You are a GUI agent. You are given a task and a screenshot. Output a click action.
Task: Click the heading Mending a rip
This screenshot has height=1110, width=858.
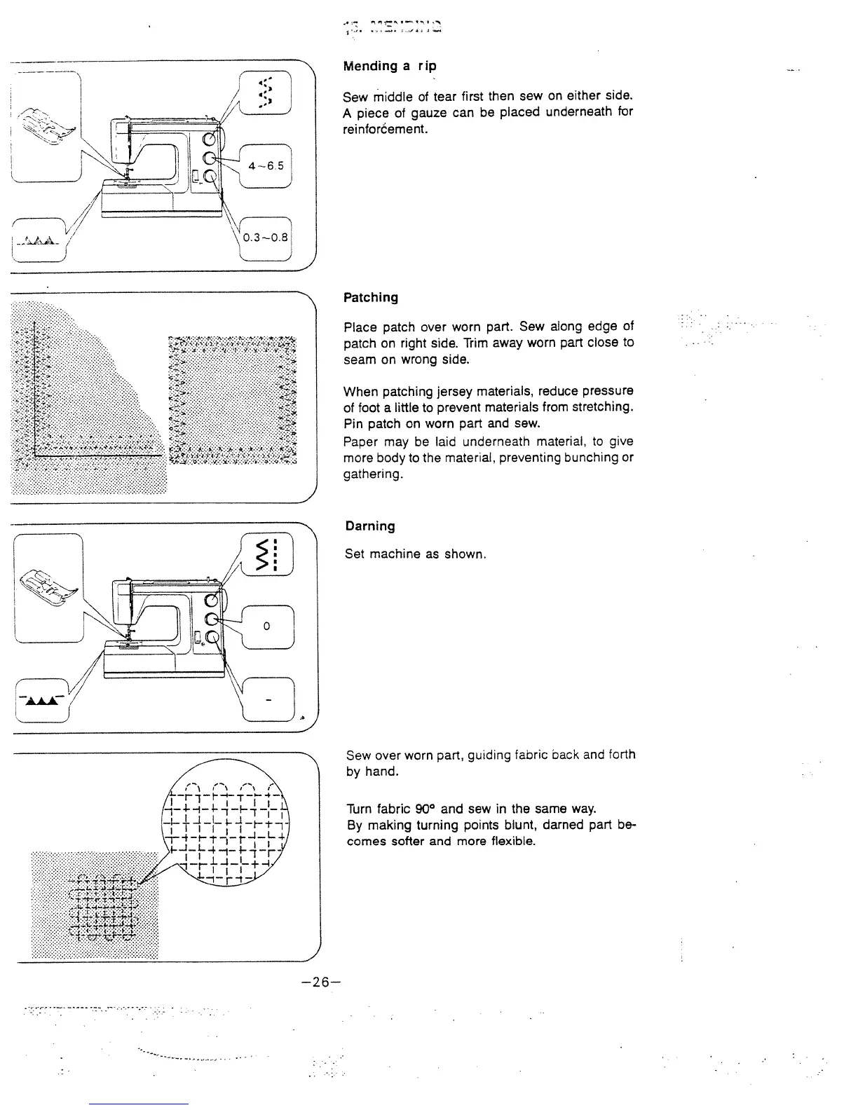pos(389,66)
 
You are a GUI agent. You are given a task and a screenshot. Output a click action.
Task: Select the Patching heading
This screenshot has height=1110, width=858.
pos(371,297)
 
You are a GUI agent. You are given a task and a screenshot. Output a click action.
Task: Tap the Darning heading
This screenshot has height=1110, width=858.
pos(370,526)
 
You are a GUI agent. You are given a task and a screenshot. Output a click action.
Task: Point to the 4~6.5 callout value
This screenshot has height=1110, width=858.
pos(266,166)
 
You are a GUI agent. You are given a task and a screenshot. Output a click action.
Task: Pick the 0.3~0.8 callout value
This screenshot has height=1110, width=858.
pos(265,237)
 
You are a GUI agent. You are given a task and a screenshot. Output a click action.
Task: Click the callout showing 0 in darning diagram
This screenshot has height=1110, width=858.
pos(267,626)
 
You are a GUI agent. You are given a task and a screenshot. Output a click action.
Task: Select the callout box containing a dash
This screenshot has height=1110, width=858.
pos(268,700)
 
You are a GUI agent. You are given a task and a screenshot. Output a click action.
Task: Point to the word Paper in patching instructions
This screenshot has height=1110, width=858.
pos(360,441)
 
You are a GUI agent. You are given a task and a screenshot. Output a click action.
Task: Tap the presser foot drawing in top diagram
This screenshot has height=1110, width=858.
pos(47,124)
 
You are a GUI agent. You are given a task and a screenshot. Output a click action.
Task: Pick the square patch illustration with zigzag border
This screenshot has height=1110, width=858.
pos(233,401)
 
